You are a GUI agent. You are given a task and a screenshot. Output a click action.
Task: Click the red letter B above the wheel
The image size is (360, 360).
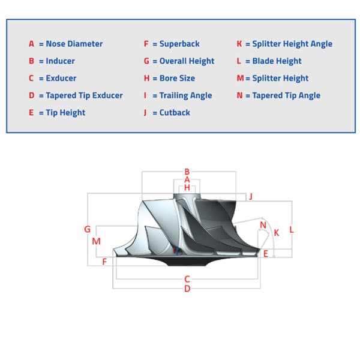click(187, 172)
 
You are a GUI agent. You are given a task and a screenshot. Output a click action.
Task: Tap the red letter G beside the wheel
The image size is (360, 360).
click(87, 229)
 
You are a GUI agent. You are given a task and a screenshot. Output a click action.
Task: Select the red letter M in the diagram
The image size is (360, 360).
click(96, 241)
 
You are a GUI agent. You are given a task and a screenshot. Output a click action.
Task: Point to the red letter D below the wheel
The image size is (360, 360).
click(187, 289)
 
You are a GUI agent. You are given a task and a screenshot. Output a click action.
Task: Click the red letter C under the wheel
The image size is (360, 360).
click(187, 279)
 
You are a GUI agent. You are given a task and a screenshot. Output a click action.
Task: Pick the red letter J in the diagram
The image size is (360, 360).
click(251, 197)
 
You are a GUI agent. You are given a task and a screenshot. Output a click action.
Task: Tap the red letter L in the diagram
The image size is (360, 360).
click(292, 229)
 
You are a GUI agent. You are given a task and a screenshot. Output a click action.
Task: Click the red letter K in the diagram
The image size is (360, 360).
click(277, 233)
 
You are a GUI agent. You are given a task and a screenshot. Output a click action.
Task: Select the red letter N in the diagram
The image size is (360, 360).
click(263, 225)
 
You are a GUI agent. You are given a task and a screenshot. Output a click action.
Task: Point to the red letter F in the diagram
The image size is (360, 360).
click(104, 262)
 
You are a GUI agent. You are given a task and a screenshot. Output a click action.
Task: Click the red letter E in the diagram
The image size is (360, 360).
click(266, 254)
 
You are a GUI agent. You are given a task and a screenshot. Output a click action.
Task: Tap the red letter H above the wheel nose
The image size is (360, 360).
click(187, 188)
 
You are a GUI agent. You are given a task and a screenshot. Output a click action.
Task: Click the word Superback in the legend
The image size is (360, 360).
click(179, 44)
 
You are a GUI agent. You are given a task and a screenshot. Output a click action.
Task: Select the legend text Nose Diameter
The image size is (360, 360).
click(74, 44)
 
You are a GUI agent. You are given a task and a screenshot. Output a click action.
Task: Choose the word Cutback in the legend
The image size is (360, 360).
click(175, 113)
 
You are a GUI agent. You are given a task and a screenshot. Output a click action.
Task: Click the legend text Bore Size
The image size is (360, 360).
click(177, 78)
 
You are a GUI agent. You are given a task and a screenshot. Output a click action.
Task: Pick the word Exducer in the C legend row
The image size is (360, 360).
click(61, 78)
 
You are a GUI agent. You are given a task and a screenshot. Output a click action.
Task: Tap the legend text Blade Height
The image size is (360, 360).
click(277, 61)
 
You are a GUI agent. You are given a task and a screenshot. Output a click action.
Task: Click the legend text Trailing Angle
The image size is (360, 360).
click(186, 95)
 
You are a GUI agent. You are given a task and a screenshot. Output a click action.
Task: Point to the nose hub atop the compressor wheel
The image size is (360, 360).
click(187, 197)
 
